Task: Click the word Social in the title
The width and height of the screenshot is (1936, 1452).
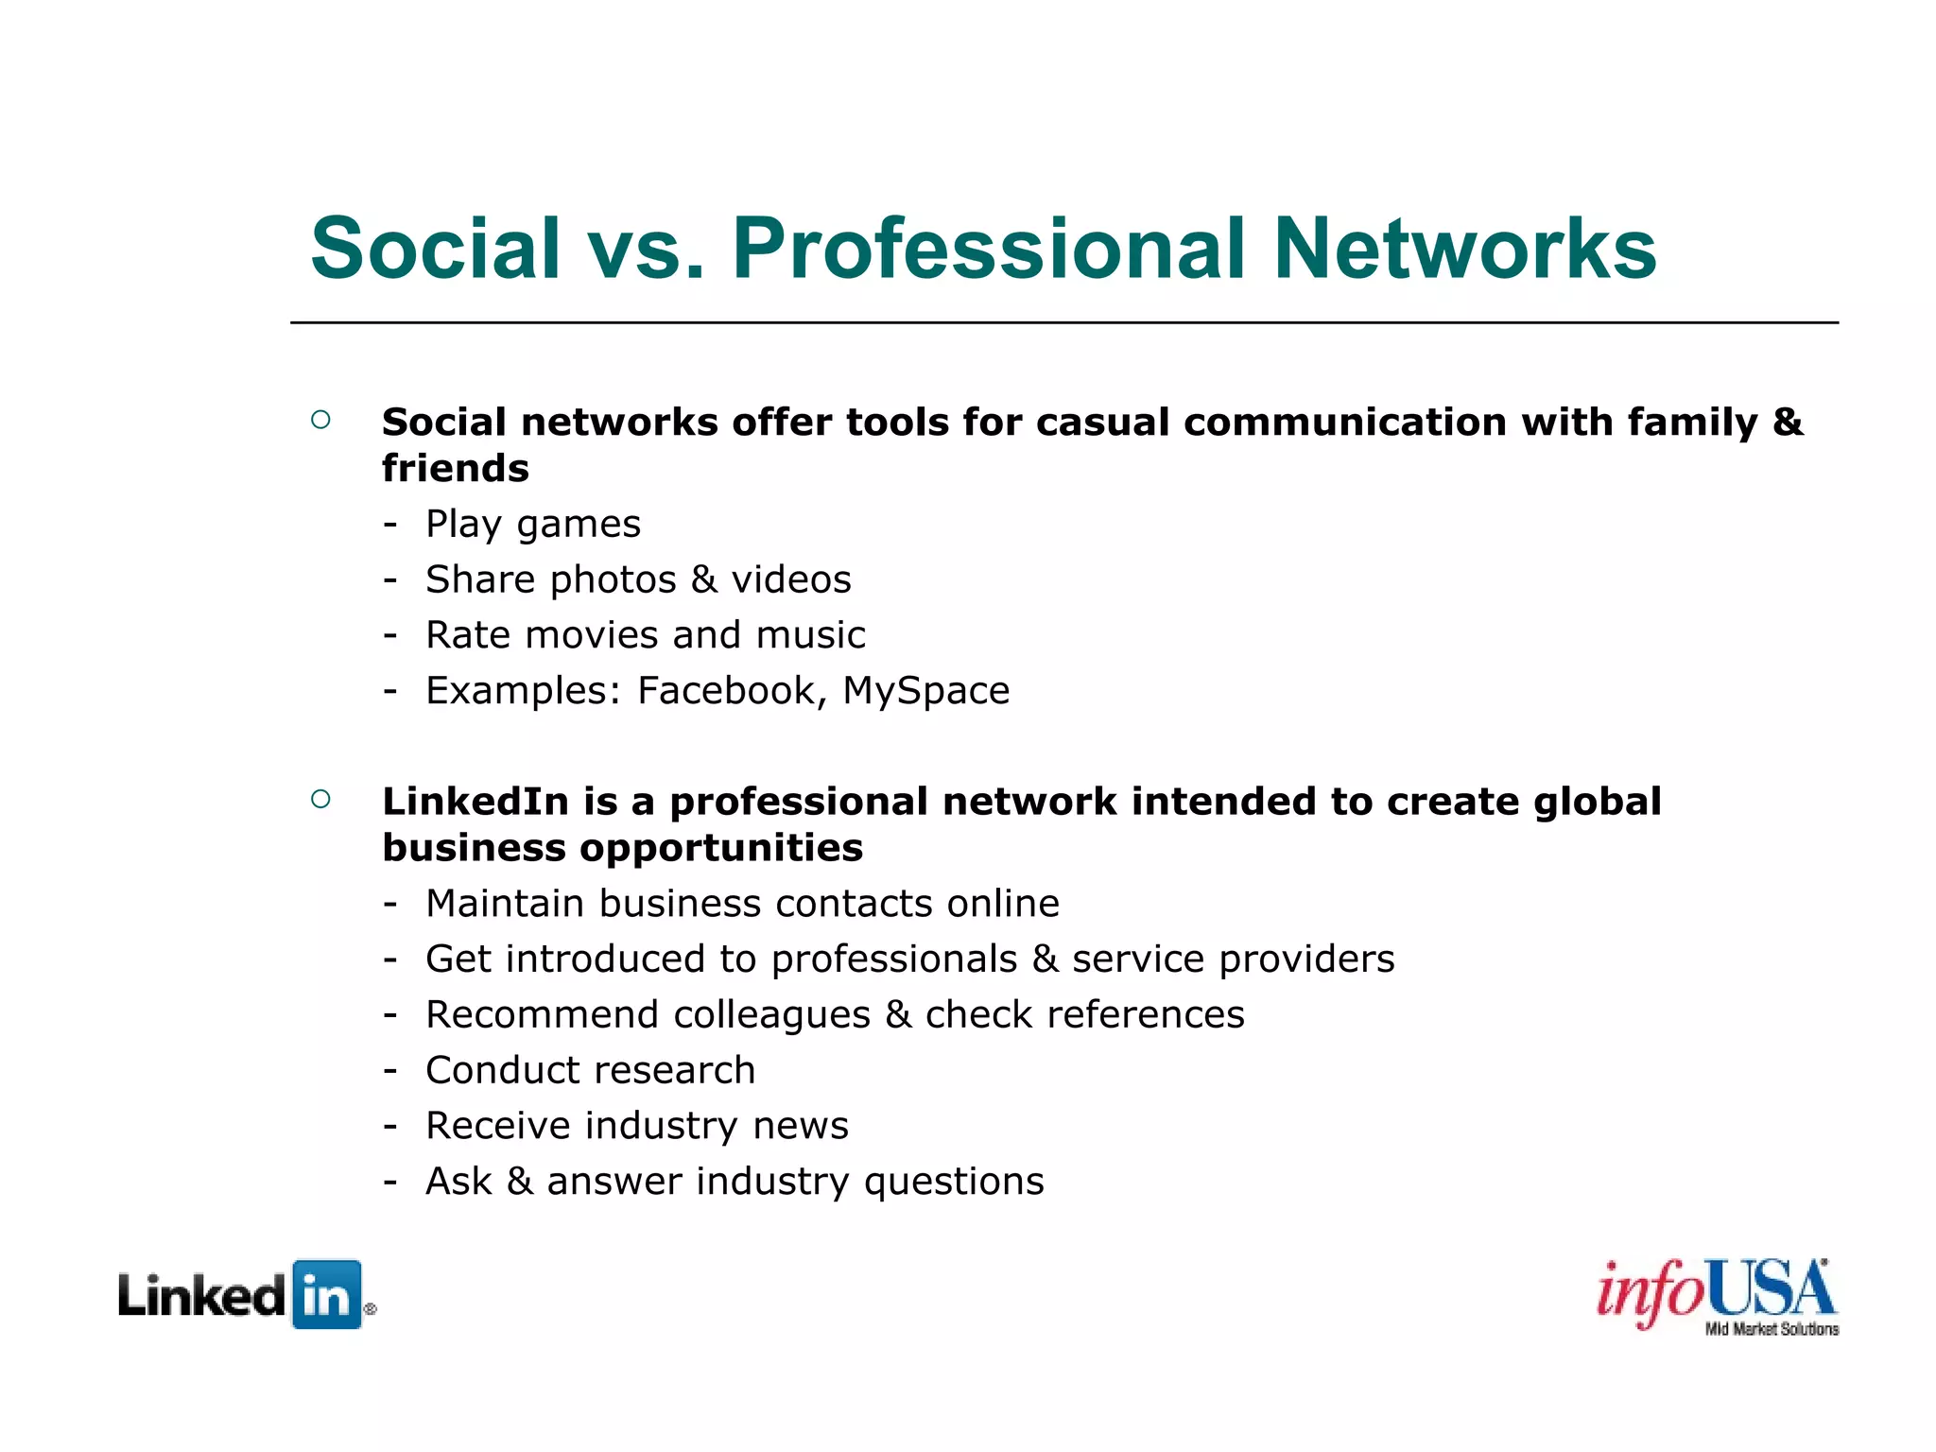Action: [x=436, y=249]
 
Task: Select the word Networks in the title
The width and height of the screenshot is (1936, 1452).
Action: [x=1464, y=249]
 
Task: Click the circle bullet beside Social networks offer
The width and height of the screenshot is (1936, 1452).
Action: [x=320, y=420]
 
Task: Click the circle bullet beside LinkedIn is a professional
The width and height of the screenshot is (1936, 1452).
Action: [x=320, y=800]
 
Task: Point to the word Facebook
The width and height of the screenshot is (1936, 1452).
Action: [x=726, y=691]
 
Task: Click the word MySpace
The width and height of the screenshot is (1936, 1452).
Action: [x=925, y=691]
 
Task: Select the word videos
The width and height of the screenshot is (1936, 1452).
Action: [x=791, y=579]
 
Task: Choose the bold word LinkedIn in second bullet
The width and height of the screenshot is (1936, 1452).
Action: [x=475, y=802]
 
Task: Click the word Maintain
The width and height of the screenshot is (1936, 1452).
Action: [x=505, y=904]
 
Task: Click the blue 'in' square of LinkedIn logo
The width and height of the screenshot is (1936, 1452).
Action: [x=327, y=1295]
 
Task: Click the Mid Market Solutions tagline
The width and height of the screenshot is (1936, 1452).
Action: [x=1772, y=1330]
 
